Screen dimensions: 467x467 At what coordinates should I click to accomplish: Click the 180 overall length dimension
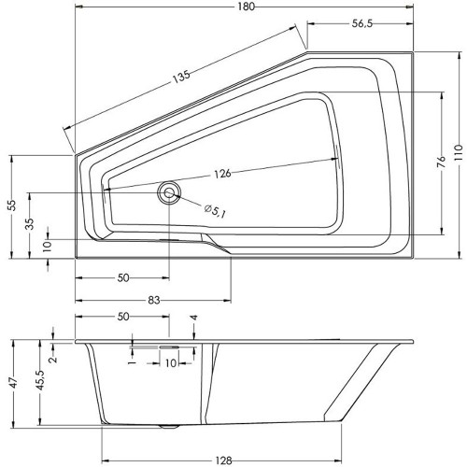246,7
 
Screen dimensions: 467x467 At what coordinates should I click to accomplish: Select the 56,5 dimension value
362,23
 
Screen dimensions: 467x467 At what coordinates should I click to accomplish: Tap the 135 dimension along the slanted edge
181,77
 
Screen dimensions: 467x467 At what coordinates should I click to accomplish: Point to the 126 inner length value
222,173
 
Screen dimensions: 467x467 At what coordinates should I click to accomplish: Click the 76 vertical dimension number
442,163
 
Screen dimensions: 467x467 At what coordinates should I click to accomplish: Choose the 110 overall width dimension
460,152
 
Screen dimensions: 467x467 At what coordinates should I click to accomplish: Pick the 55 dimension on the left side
12,205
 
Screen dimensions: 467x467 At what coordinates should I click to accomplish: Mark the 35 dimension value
30,224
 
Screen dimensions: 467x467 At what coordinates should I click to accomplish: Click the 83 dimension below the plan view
154,300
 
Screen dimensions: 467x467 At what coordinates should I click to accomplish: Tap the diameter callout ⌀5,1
215,211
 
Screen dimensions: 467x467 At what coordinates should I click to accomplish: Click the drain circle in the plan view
169,192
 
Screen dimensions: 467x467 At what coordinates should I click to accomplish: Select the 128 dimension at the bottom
223,460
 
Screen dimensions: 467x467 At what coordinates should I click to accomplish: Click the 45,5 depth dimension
40,379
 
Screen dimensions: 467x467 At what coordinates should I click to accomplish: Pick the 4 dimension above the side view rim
194,318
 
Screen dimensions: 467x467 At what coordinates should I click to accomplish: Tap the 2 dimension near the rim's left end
54,359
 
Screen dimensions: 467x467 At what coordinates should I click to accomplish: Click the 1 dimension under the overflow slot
133,363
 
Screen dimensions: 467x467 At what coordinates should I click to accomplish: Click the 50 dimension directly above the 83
123,277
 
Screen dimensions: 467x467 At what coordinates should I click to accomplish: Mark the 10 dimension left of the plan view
48,246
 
